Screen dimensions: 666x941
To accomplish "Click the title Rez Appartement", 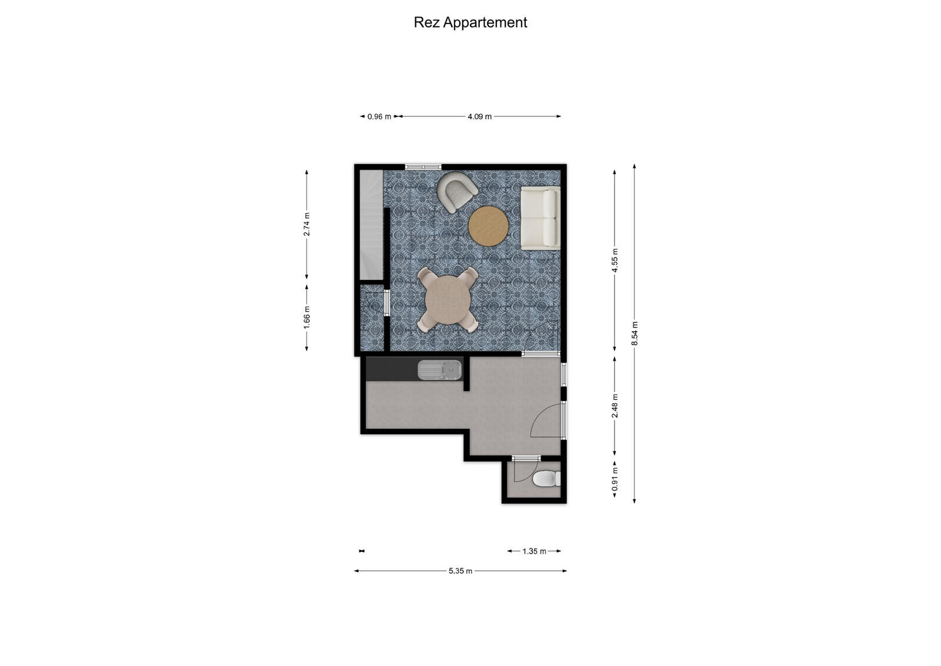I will pos(470,22).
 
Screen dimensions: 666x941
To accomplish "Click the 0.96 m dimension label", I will pos(379,116).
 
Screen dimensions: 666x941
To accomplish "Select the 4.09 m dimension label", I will pos(479,116).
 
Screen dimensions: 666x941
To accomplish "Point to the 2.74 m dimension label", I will pos(306,224).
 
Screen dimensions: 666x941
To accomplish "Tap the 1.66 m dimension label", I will pos(306,318).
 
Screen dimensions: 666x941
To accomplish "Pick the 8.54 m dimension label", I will pos(634,334).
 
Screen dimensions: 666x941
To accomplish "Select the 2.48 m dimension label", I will pos(615,406).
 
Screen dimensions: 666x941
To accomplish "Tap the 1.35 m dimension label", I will pos(534,551).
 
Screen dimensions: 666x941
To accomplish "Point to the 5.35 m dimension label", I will pos(461,571).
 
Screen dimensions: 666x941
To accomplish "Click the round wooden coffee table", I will pos(488,227).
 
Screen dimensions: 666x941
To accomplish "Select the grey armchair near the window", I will pos(456,191).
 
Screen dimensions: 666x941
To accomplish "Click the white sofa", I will pos(540,218).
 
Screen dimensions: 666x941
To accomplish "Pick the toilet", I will pos(547,479).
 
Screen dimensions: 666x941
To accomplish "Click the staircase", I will pos(371,224).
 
